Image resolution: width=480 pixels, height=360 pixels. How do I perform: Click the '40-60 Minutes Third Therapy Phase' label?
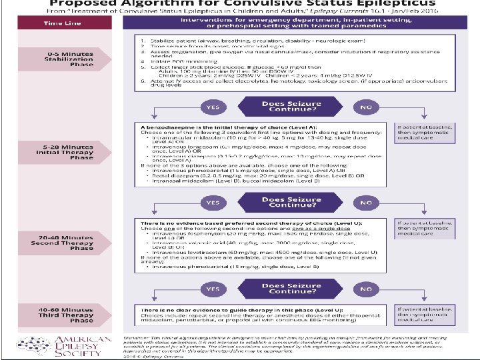69,315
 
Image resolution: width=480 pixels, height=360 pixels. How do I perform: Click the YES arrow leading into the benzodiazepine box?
213,107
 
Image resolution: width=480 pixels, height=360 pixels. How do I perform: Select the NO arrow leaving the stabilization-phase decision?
365,107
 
